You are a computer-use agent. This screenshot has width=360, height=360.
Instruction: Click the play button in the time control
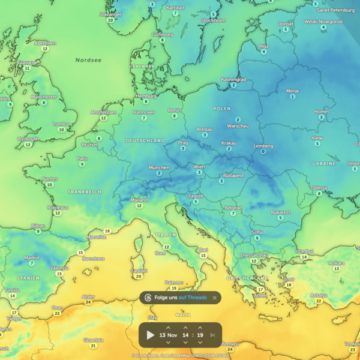[x=151, y=335]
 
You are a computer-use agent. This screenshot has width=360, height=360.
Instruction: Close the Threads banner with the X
[x=215, y=298]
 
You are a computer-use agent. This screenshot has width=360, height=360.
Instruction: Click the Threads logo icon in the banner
[x=148, y=298]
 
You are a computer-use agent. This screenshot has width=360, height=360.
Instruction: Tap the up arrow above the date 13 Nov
[x=168, y=328]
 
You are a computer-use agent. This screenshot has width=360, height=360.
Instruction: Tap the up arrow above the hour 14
[x=185, y=328]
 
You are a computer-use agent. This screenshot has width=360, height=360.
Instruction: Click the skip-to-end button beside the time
[x=213, y=335]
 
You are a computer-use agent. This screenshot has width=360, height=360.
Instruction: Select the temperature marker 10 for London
[x=61, y=129]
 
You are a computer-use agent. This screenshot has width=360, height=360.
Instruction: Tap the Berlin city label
[x=175, y=110]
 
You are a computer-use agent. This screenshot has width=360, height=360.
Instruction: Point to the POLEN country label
[x=221, y=109]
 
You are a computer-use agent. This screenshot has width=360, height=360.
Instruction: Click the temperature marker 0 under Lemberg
[x=263, y=152]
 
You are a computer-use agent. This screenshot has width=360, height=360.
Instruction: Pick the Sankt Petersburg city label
[x=331, y=10]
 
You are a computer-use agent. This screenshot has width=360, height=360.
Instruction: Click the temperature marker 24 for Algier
[x=88, y=302]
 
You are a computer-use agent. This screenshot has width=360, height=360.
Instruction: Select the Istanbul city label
[x=305, y=251]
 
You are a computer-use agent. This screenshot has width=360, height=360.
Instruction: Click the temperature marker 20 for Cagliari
[x=139, y=277]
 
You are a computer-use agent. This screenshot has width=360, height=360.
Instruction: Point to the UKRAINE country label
[x=323, y=163]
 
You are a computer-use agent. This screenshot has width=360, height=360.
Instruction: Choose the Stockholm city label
[x=214, y=20]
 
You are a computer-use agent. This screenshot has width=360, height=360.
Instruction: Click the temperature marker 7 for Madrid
[x=31, y=263]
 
